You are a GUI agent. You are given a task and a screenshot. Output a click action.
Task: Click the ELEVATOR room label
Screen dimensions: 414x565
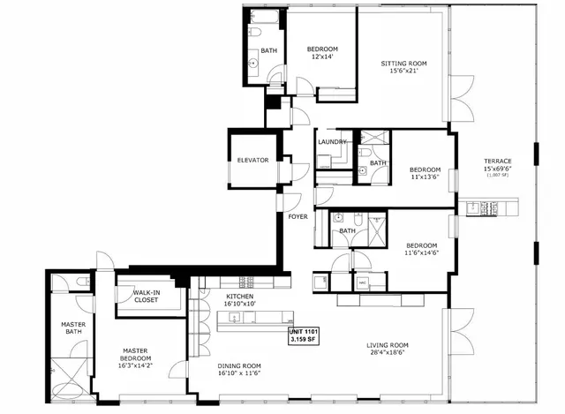252,160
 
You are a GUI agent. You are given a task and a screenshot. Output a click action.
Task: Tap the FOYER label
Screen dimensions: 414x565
298,216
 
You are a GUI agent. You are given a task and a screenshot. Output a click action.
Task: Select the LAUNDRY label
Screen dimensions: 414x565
331,141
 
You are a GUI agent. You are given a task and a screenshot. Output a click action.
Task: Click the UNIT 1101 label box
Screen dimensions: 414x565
305,331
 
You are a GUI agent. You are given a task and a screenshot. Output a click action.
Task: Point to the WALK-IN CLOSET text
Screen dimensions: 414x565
146,297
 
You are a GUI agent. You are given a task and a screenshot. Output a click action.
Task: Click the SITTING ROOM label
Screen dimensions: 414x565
403,64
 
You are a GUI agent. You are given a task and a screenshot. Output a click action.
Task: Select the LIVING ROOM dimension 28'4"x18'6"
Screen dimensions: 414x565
386,353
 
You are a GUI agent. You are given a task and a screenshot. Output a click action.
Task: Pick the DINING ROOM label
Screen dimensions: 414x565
239,365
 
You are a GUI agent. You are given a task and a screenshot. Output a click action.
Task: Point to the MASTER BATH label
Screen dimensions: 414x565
72,328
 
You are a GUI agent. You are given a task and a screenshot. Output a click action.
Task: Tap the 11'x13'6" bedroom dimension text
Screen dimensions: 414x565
429,177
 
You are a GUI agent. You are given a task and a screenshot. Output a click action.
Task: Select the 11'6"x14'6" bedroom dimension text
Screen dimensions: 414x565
422,253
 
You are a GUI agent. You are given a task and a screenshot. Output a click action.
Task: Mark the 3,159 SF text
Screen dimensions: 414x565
305,339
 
